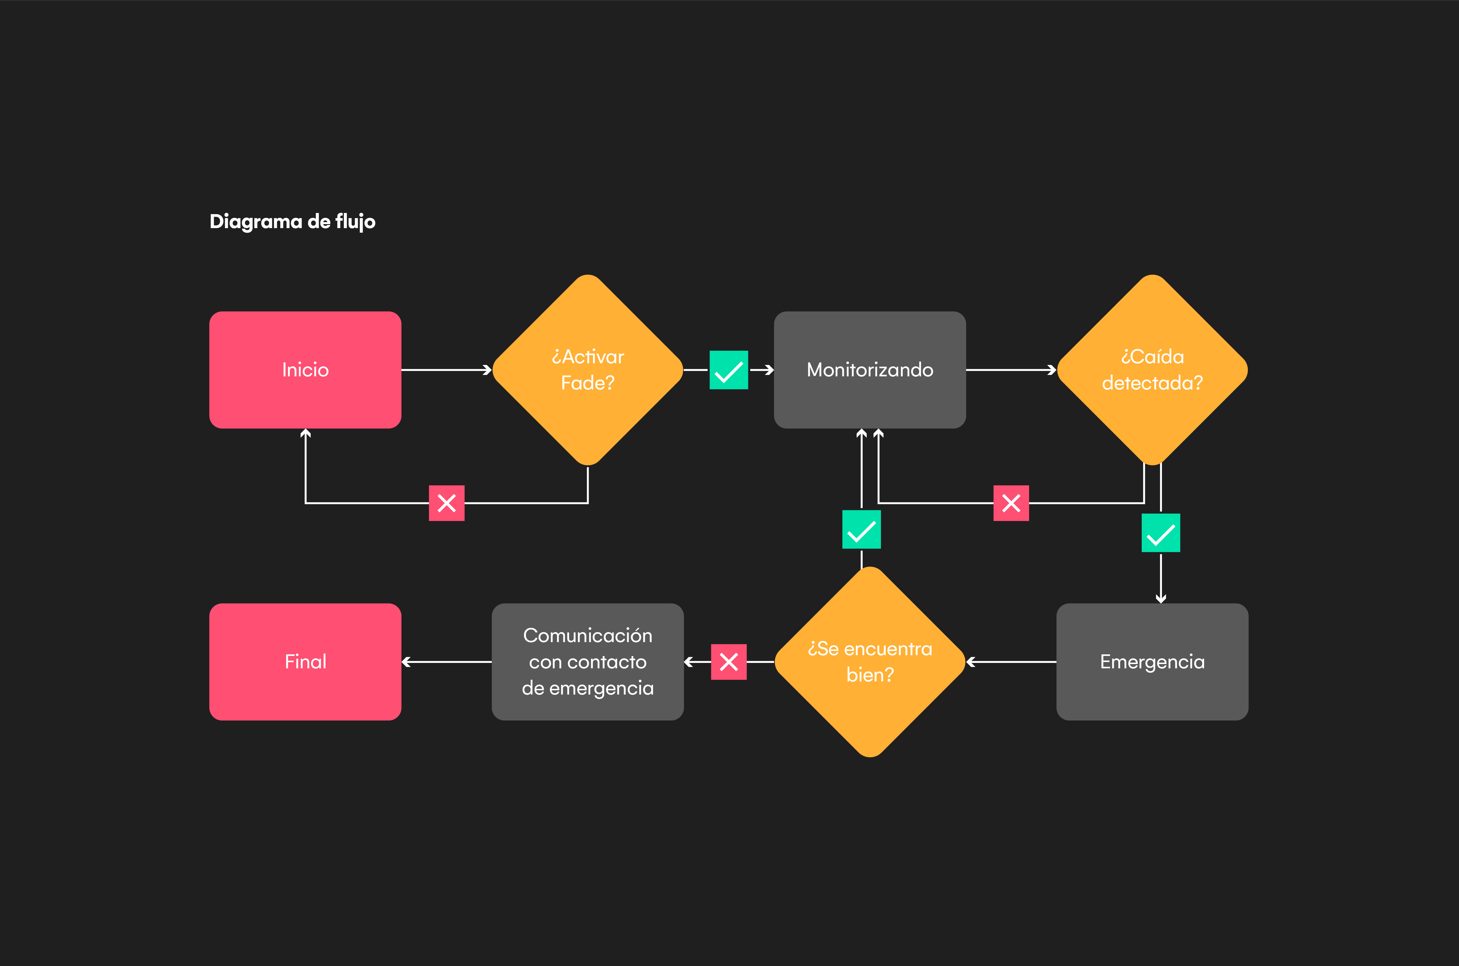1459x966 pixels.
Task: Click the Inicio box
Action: click(305, 370)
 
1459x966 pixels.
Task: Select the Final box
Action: click(305, 662)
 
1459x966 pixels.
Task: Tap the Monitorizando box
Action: click(869, 370)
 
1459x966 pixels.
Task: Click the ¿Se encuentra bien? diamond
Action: click(869, 662)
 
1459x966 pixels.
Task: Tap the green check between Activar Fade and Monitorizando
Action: click(729, 370)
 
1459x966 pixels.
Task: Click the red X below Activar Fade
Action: click(446, 503)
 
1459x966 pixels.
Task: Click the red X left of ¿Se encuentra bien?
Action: click(729, 662)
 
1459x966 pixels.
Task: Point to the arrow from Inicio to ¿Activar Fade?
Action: click(446, 370)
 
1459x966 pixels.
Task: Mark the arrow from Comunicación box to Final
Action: click(446, 662)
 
